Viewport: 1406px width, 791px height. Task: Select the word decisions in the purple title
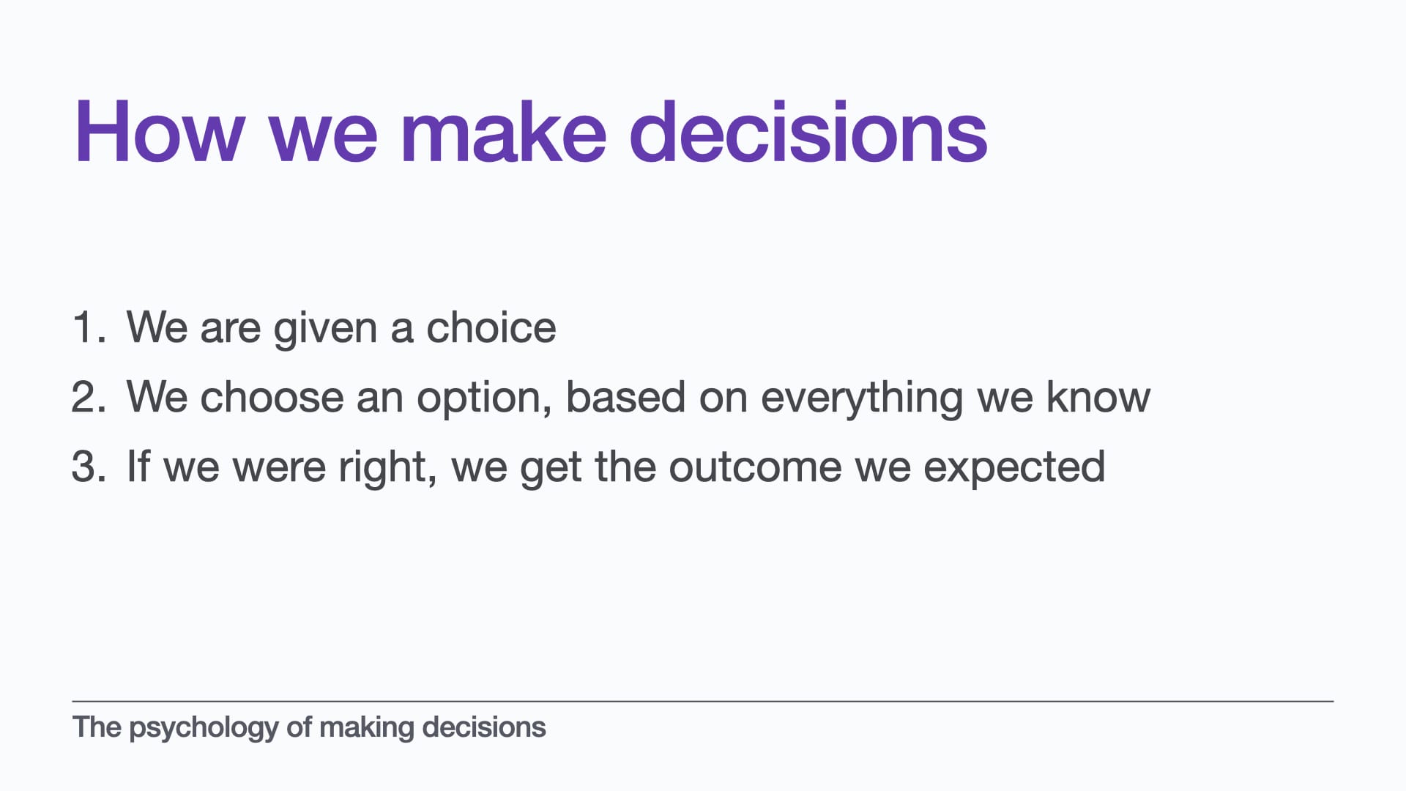tap(808, 133)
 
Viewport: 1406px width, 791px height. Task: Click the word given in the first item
tap(325, 330)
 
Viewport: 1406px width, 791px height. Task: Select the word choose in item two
tap(272, 396)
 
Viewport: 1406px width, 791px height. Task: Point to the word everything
tap(862, 400)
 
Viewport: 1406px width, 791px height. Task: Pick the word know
tap(1098, 396)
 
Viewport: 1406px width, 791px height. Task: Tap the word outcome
tap(755, 467)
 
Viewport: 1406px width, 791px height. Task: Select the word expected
tap(1014, 469)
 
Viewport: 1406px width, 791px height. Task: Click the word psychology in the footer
tap(204, 729)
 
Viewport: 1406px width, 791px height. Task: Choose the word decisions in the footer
tap(484, 727)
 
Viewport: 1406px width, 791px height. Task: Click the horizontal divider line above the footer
tap(703, 701)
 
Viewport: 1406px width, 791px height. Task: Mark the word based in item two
tap(625, 396)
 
